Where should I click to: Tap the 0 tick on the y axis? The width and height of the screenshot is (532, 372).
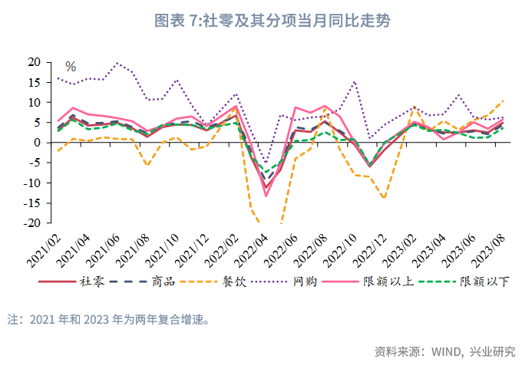tap(36, 143)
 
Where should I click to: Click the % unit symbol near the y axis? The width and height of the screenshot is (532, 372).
tap(71, 67)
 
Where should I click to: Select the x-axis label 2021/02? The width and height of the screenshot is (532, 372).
tap(47, 247)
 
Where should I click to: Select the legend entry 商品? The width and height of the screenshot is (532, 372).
tap(164, 281)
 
